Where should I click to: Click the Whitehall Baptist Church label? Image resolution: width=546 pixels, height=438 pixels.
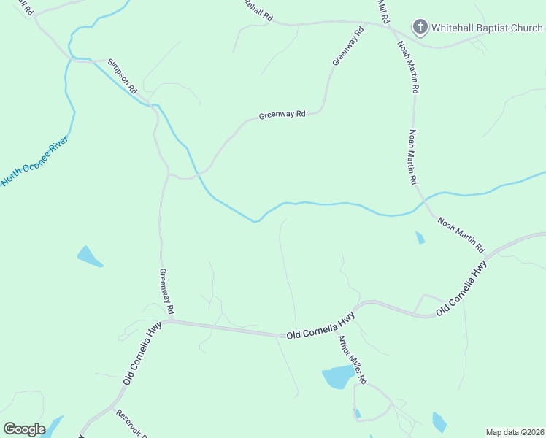point(486,28)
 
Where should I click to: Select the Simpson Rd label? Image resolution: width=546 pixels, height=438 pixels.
point(122,75)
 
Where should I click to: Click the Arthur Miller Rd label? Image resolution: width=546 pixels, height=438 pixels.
point(350,360)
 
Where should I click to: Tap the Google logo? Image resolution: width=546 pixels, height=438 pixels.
point(24,429)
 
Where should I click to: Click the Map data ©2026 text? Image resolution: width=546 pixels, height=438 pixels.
point(515,431)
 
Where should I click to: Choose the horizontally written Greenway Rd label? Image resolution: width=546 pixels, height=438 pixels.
point(281,115)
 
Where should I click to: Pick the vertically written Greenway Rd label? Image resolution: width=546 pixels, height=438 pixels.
point(166,291)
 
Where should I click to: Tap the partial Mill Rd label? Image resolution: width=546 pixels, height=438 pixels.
point(382,9)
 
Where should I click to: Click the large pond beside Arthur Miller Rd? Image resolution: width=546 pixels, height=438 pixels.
point(337,377)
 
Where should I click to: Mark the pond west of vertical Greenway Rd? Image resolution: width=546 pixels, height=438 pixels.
point(88,256)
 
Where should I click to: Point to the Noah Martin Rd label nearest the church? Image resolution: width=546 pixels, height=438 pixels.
point(408,66)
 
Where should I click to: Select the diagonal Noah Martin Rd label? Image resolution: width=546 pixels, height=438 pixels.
point(461,234)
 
